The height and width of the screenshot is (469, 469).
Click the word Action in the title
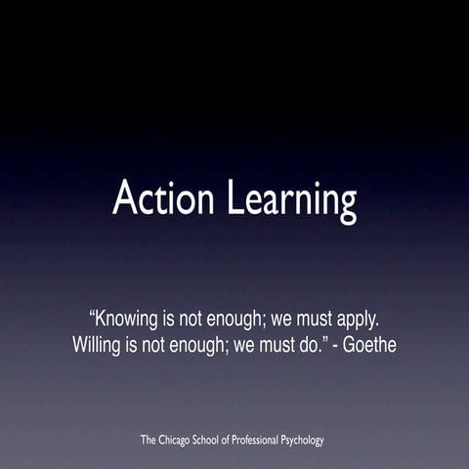(165, 198)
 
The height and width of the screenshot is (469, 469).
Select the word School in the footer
(224, 441)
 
